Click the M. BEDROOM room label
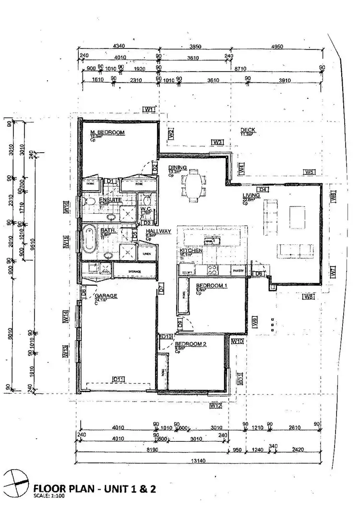108,133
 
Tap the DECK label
248,130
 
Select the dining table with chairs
194,185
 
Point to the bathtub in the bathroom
89,239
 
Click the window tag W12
216,406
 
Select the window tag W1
150,109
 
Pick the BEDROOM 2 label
190,344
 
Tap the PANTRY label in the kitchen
238,270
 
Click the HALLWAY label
159,231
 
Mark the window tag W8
308,297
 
